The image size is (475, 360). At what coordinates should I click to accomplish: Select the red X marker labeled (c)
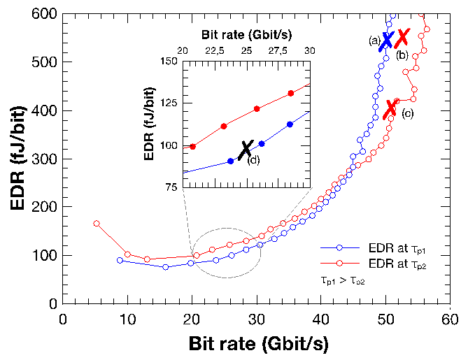tap(391, 108)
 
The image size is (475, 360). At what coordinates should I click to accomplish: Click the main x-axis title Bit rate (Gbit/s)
tap(257, 344)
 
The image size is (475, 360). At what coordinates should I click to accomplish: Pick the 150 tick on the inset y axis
tap(169, 61)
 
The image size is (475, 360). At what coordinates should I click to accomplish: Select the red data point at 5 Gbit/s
tap(96, 224)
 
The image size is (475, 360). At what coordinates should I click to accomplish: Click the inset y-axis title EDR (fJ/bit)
tap(150, 124)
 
